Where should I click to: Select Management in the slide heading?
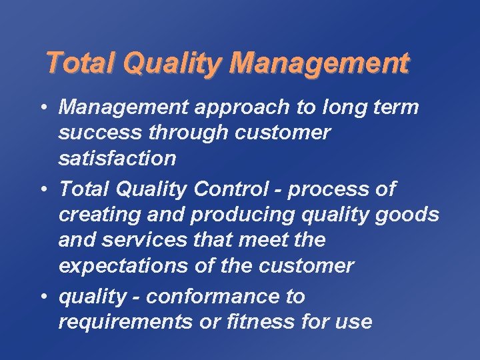click(319, 63)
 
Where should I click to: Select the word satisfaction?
click(117, 159)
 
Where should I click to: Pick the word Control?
click(231, 189)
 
